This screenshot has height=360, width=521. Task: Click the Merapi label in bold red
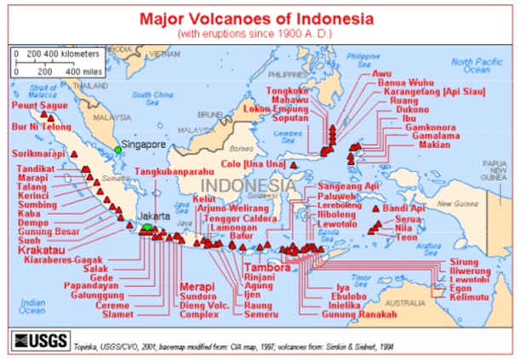198,286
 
